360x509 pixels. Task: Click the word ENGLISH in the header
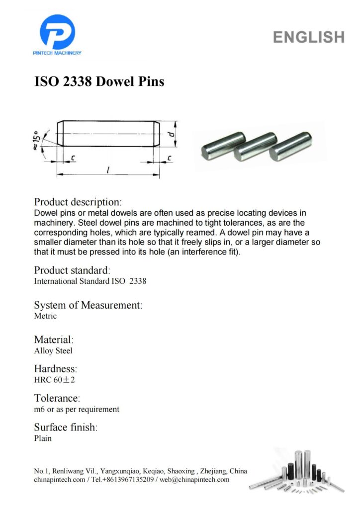pyautogui.click(x=308, y=37)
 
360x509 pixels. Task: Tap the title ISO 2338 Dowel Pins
pyautogui.click(x=99, y=81)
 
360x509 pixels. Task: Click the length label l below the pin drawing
pyautogui.click(x=108, y=170)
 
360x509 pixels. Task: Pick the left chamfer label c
pyautogui.click(x=73, y=158)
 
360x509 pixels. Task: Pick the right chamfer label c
pyautogui.click(x=170, y=158)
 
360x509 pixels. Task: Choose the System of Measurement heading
pyautogui.click(x=88, y=305)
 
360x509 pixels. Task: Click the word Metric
pyautogui.click(x=45, y=316)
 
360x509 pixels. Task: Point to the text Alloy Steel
pyautogui.click(x=53, y=350)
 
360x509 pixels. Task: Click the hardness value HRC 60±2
pyautogui.click(x=54, y=380)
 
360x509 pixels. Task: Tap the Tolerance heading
pyautogui.click(x=57, y=398)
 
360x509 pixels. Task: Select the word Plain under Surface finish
pyautogui.click(x=43, y=438)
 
